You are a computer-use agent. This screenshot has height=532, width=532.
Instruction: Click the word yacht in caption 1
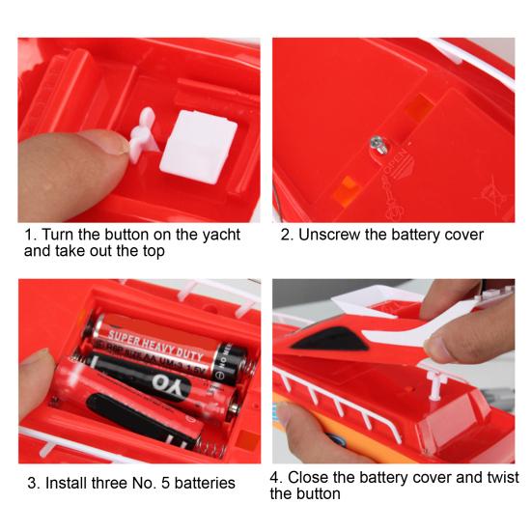[214, 235]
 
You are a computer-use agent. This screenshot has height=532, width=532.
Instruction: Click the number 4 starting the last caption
[276, 478]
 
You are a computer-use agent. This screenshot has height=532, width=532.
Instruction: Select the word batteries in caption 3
[204, 483]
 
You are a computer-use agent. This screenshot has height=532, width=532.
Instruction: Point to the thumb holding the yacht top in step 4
[449, 344]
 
